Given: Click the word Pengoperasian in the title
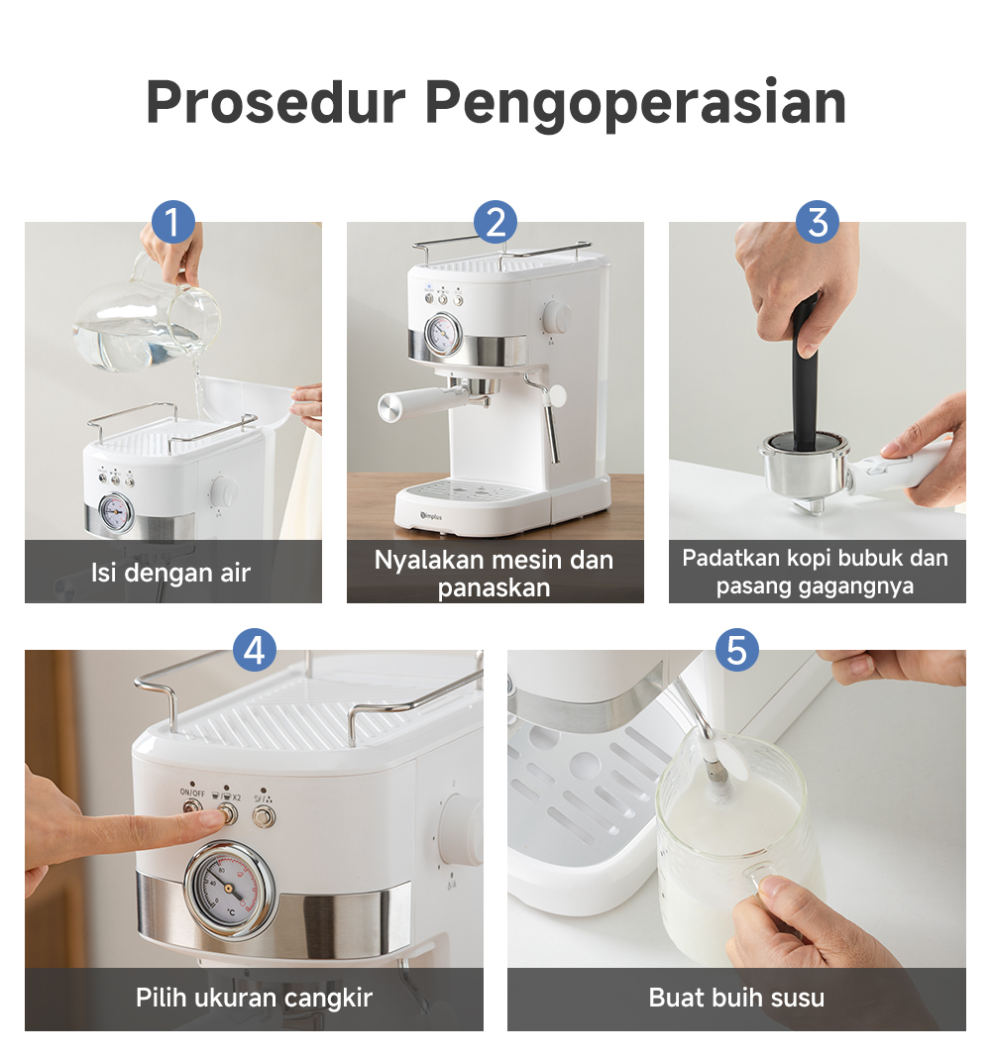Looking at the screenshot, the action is (635, 103).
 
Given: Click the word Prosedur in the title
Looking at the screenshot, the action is (275, 102).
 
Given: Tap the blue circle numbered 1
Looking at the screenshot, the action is (172, 222).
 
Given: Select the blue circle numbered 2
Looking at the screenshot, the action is (495, 222).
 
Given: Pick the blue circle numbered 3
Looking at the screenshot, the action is (817, 222).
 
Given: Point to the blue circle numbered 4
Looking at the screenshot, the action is (255, 651).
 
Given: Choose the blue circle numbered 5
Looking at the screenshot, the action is (736, 651).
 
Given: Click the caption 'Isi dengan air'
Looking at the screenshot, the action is (170, 573).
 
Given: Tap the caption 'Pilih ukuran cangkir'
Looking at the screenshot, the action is (254, 998).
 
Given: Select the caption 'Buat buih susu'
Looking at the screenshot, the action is (736, 998).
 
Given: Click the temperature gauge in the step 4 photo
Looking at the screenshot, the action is (230, 890).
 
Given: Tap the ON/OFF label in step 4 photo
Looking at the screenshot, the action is (192, 792).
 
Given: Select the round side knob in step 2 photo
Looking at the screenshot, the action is (557, 317).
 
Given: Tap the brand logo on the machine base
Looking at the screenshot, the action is (431, 516).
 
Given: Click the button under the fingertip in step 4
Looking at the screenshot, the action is (229, 814).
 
